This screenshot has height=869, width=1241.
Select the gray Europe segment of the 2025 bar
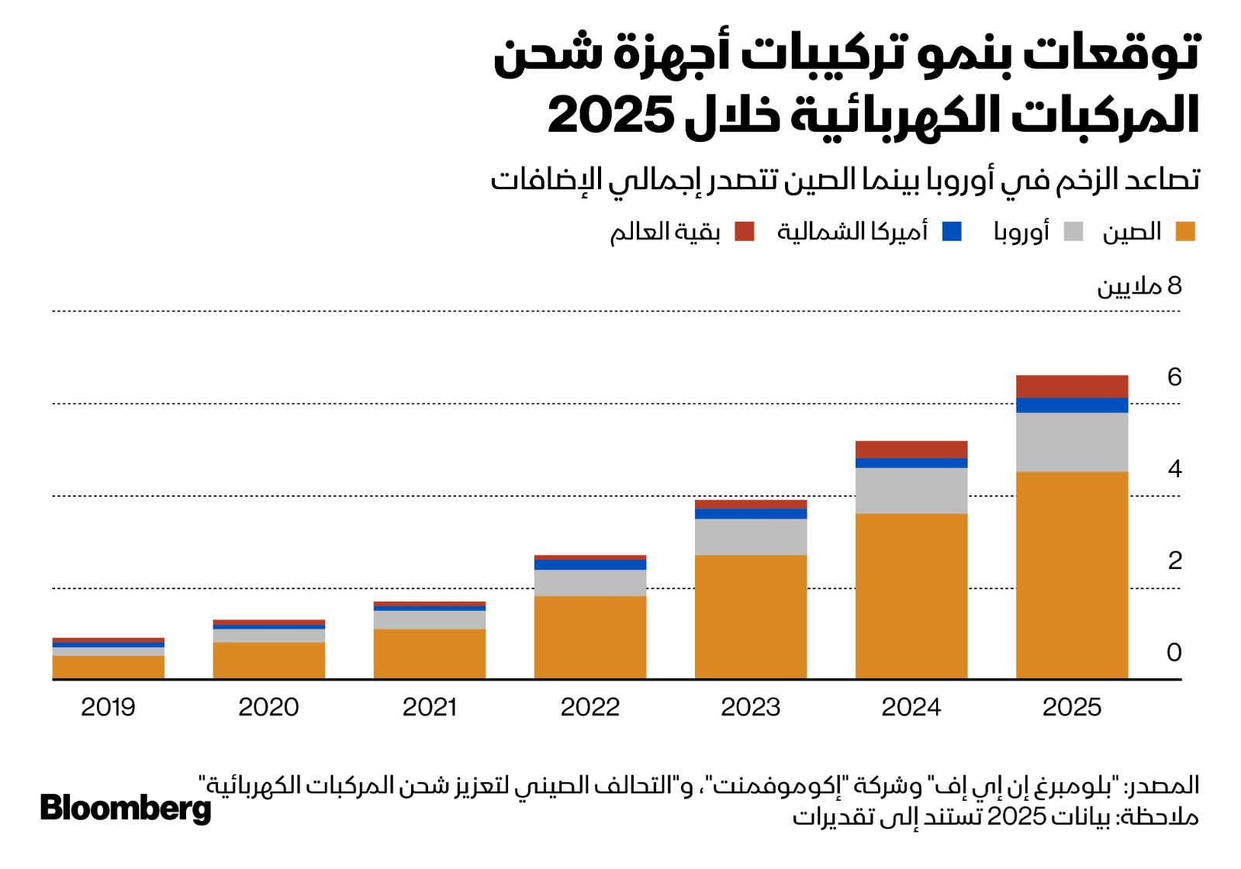pos(1071,442)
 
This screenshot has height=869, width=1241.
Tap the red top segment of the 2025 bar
pos(1071,386)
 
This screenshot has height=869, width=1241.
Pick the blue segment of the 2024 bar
pos(911,464)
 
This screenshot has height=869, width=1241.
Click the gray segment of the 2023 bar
pos(750,536)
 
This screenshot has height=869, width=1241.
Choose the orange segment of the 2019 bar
pos(108,667)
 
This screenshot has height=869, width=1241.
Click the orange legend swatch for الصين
pos(1185,232)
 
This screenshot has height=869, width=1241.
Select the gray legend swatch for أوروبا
pos(1073,232)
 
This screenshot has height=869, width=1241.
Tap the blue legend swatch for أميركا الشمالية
pos(952,232)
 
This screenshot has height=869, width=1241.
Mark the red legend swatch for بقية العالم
pos(745,232)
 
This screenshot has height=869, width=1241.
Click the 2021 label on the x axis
pos(429,707)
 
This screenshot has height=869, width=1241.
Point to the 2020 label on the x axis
pos(268,707)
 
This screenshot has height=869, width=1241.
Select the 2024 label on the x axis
pos(911,707)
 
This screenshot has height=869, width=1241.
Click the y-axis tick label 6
pos(1174,378)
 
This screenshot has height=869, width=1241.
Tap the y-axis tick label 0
pos(1174,653)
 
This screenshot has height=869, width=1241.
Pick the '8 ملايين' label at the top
pos(1139,286)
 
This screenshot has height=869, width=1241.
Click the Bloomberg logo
pos(126,808)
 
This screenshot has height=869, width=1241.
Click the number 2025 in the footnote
pos(1017,816)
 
